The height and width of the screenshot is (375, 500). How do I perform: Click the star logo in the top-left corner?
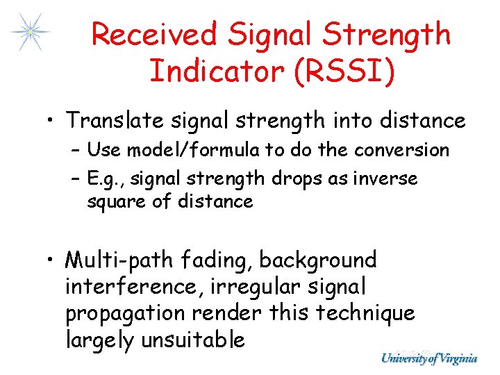pyautogui.click(x=30, y=32)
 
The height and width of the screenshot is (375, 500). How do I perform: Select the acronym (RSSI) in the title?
pyautogui.click(x=346, y=71)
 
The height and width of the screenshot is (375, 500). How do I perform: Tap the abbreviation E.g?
pyautogui.click(x=103, y=179)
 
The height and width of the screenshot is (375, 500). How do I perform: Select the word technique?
pyautogui.click(x=365, y=313)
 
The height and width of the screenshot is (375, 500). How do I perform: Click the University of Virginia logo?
pyautogui.click(x=429, y=358)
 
